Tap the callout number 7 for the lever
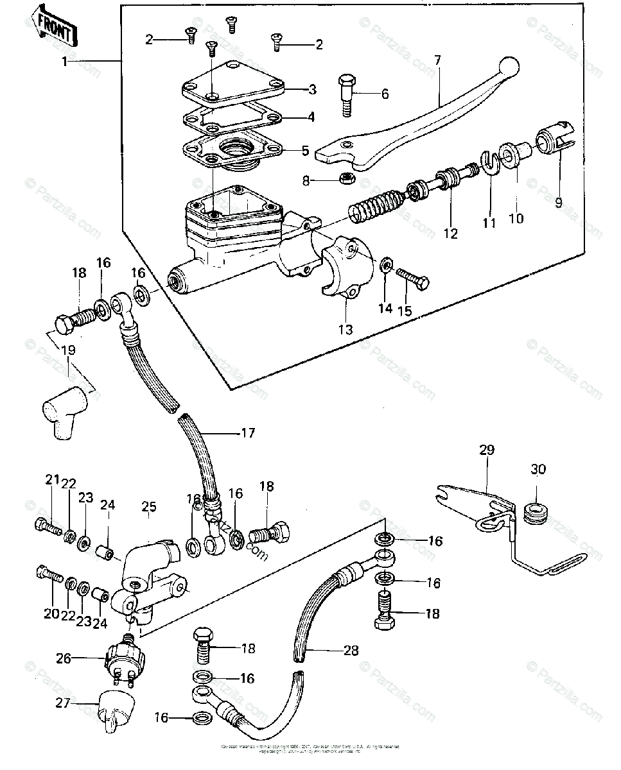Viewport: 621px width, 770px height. point(437,61)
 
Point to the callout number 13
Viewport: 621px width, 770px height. point(345,330)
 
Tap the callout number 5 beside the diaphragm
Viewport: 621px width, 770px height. point(306,151)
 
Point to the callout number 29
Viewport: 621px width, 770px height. point(487,450)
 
